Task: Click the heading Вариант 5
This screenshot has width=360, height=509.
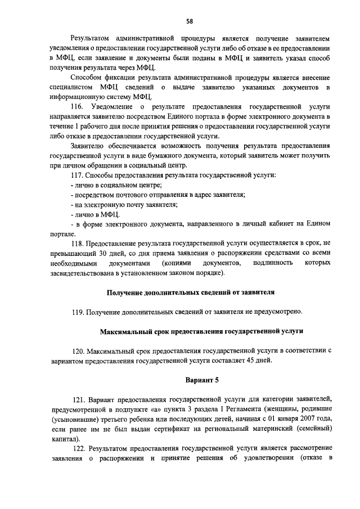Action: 198,379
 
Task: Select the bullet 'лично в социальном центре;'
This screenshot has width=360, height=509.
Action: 114,185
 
